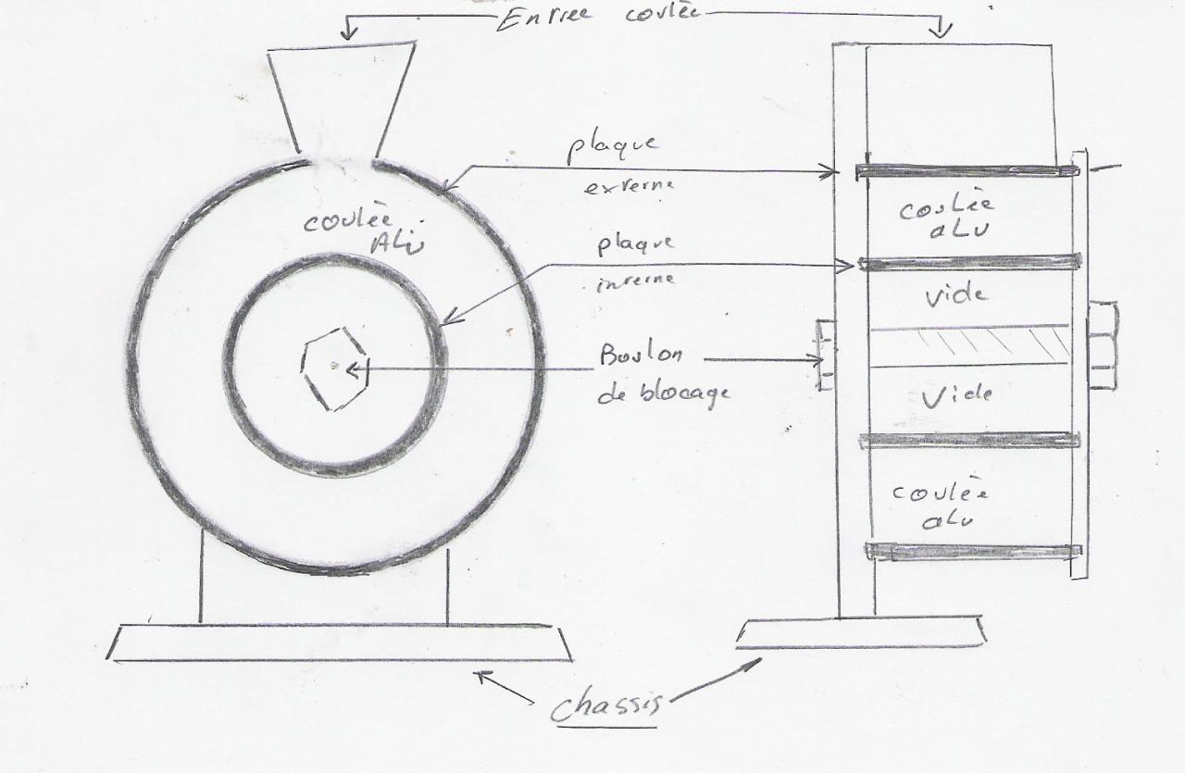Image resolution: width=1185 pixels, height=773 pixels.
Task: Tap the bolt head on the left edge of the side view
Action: coord(825,355)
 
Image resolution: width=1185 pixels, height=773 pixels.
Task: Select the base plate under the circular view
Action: coord(339,642)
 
